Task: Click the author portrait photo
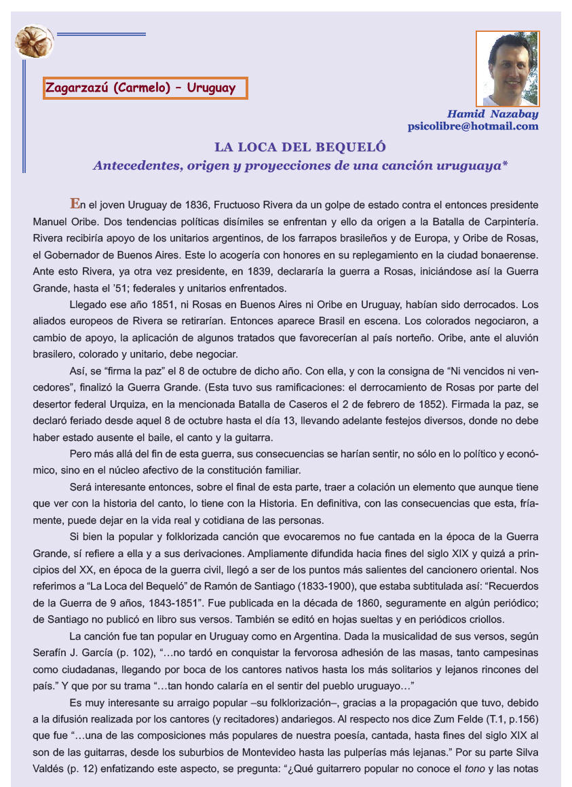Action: [x=508, y=69]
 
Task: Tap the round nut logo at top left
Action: [x=34, y=42]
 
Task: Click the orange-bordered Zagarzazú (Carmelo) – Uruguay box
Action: [x=145, y=88]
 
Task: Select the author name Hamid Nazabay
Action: [x=493, y=114]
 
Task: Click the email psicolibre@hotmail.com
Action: [x=473, y=126]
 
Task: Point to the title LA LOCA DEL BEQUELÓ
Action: [x=300, y=147]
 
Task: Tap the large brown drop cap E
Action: [x=74, y=203]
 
